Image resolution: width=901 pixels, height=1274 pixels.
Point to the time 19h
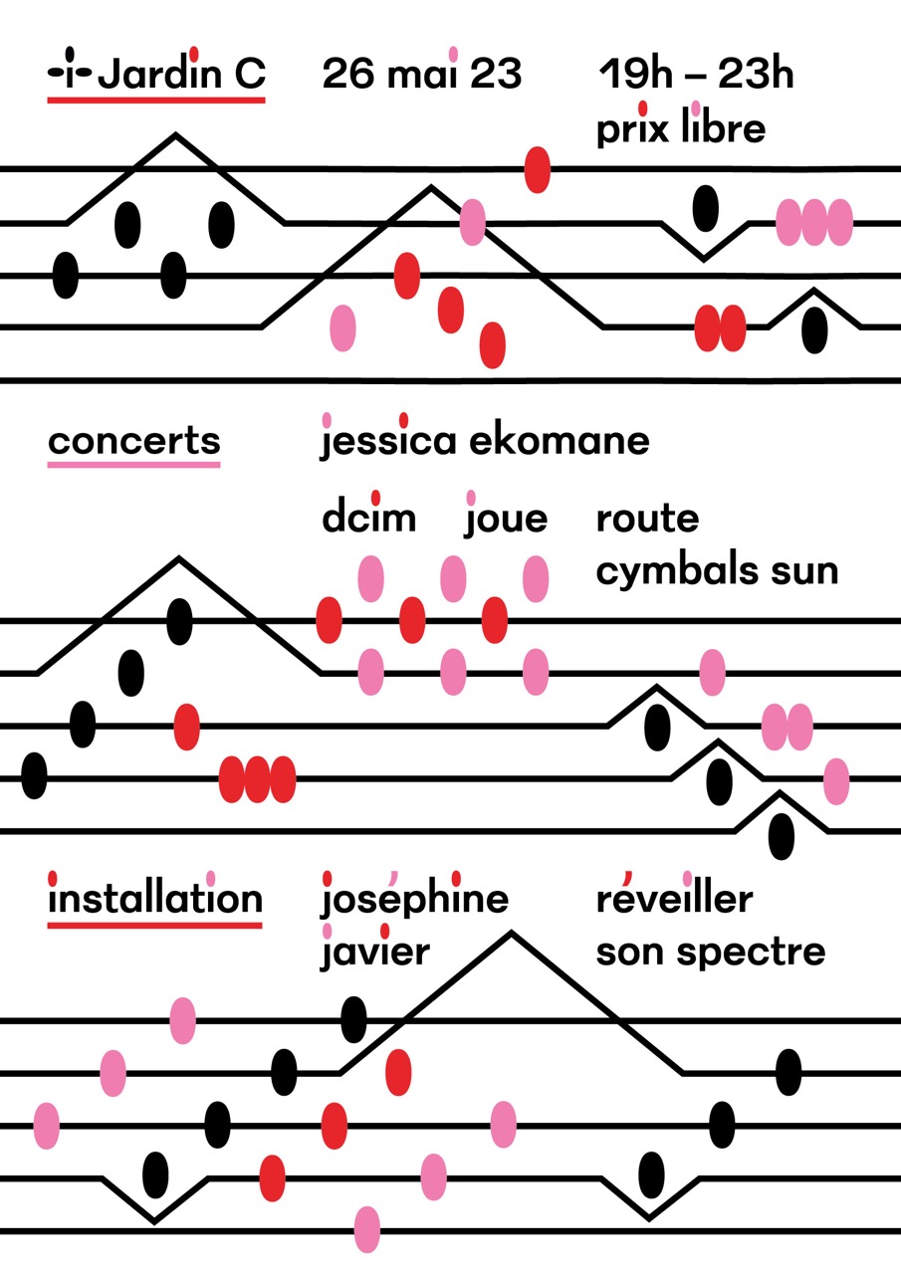point(636,74)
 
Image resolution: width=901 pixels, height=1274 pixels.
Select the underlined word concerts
point(134,442)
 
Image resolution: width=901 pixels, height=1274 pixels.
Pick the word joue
point(506,515)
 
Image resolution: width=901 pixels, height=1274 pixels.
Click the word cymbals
point(677,570)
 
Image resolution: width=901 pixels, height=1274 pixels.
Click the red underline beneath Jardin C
point(156,101)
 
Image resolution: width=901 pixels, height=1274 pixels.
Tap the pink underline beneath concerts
point(134,465)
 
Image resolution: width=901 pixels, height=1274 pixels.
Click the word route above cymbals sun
point(647,519)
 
